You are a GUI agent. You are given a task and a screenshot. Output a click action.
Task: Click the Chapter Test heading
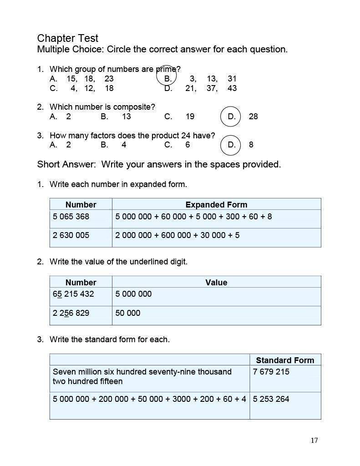[x=67, y=38]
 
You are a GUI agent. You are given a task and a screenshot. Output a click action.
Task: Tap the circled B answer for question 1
[x=167, y=78]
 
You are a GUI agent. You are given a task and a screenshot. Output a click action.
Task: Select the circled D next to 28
[x=231, y=116]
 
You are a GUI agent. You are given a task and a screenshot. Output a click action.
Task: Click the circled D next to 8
[x=231, y=145]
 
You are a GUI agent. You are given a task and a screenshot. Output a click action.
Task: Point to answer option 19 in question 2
[x=190, y=116]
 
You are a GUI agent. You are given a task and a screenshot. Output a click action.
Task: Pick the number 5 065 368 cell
[x=71, y=217]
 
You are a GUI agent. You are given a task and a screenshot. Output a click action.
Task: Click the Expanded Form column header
[x=216, y=205]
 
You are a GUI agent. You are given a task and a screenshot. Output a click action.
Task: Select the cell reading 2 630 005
[x=71, y=235]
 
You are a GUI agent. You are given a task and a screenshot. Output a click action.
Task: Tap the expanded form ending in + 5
[x=177, y=235]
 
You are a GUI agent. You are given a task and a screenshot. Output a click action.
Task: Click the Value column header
[x=216, y=282]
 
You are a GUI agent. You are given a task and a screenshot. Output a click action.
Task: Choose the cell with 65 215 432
[x=73, y=294]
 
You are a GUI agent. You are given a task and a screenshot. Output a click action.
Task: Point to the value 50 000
[x=128, y=313]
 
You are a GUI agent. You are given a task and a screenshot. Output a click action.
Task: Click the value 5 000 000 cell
[x=133, y=294]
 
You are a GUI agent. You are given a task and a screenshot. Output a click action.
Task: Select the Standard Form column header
[x=285, y=360]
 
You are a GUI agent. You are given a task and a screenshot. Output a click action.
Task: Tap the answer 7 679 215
[x=271, y=372]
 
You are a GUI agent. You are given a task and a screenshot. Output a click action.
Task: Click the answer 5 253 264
[x=271, y=399]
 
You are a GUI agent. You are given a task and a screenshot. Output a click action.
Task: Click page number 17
[x=314, y=440]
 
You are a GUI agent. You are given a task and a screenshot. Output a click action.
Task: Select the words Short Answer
[x=66, y=164]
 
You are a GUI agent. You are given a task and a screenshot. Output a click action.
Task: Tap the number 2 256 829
[x=71, y=313]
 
